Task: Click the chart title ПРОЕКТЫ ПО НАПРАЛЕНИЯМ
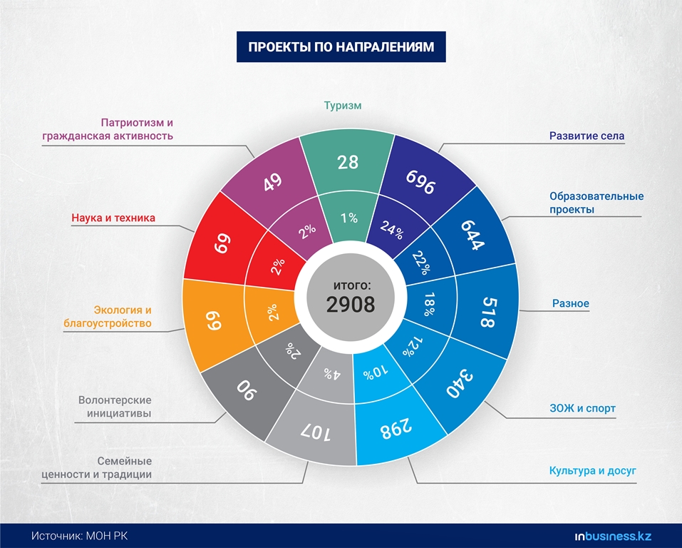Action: (x=341, y=46)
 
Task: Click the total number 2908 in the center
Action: (x=351, y=305)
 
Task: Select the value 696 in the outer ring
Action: (x=420, y=182)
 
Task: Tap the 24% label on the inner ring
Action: (x=392, y=230)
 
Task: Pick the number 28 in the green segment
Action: (x=348, y=163)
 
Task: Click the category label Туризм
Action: (x=343, y=106)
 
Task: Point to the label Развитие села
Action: (x=587, y=136)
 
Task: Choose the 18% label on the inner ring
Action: (x=429, y=304)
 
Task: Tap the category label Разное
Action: (x=571, y=303)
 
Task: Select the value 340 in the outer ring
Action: (x=460, y=383)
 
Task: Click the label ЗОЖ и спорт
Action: (x=583, y=408)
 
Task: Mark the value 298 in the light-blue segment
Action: (x=396, y=429)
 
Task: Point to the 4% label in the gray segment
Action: (x=332, y=373)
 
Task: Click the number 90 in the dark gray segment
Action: (x=247, y=390)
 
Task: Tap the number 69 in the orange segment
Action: (x=214, y=319)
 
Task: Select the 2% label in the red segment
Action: (x=278, y=266)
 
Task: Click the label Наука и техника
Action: (x=113, y=218)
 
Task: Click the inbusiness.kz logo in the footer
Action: (x=613, y=537)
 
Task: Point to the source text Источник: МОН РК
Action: (x=80, y=536)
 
